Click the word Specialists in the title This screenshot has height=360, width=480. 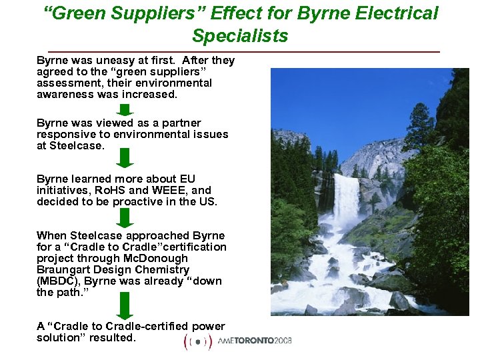point(240,35)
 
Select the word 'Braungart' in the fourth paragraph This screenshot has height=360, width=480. point(66,269)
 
